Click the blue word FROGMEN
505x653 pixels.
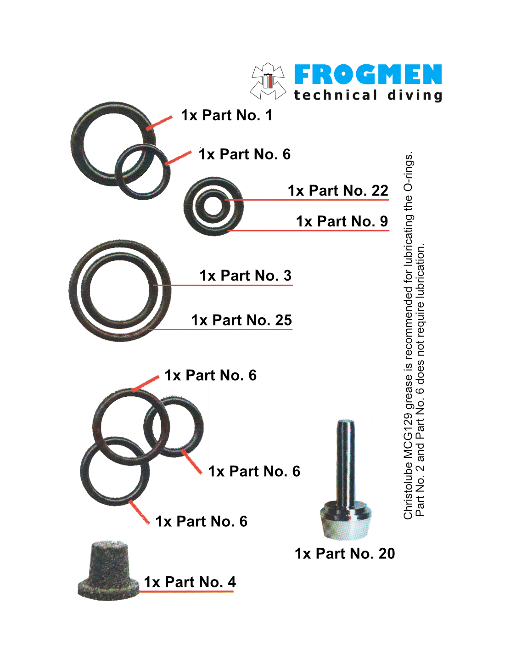368,74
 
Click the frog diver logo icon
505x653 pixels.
267,81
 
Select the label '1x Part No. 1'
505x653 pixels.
227,115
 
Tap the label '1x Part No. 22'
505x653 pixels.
338,191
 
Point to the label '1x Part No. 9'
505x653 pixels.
342,221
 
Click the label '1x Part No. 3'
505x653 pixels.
246,276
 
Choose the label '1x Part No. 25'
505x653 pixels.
241,320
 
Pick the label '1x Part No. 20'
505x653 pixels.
345,553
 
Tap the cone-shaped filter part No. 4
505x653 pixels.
108,571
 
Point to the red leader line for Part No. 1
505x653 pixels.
159,123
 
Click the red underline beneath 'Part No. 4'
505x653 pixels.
186,591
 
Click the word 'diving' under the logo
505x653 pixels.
415,96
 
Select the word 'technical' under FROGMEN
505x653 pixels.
335,95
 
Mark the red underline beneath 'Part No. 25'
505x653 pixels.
220,329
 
